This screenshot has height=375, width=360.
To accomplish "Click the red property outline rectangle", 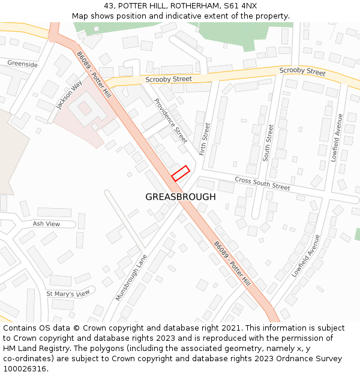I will (x=181, y=173).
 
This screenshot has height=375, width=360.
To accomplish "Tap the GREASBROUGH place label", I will (x=181, y=197).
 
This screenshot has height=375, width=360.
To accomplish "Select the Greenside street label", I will (x=23, y=64).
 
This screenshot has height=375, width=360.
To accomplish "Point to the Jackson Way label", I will (x=68, y=95).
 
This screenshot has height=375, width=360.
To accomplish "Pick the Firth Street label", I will (x=205, y=139).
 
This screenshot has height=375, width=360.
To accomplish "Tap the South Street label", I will (x=269, y=142).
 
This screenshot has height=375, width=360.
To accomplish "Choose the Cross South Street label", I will (x=262, y=184).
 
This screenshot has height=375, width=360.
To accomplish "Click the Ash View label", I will (x=47, y=224).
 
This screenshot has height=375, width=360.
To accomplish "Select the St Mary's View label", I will (x=68, y=294).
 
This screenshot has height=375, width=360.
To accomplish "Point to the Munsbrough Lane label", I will (x=131, y=277).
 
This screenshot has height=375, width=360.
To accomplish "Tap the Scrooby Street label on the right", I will (x=302, y=71).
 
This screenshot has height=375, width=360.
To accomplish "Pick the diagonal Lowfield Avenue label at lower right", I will (x=306, y=256).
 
